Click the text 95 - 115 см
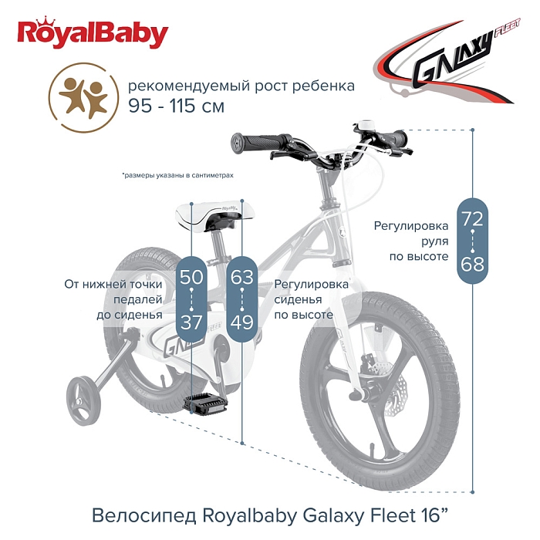(x=176, y=106)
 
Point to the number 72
(x=472, y=218)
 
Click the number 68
(x=472, y=265)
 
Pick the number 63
(x=241, y=276)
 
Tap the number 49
(x=241, y=322)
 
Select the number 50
(x=191, y=276)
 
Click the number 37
(x=191, y=322)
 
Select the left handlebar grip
(x=255, y=143)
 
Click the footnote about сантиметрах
(x=177, y=176)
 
